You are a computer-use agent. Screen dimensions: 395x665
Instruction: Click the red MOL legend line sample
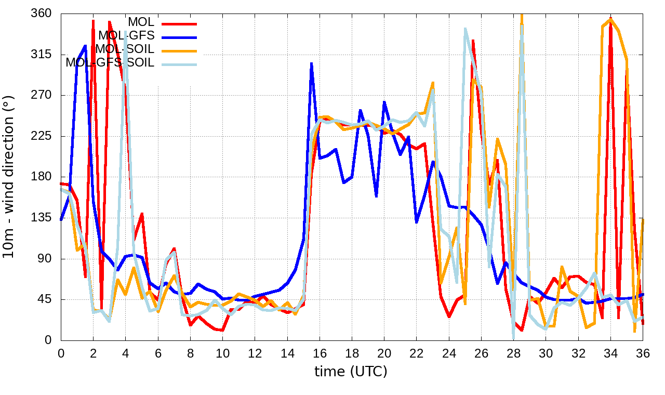pos(179,23)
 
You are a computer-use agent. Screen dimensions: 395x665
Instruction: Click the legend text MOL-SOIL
pos(125,49)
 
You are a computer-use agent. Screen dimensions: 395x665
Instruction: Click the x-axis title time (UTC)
pos(351,372)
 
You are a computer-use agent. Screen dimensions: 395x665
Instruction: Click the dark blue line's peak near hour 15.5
pos(311,63)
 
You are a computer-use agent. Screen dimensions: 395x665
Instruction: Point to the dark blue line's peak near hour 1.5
pos(85,46)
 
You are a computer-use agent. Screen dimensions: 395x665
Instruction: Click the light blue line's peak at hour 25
pos(465,29)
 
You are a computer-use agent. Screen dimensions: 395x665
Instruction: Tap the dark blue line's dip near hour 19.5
pos(376,196)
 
